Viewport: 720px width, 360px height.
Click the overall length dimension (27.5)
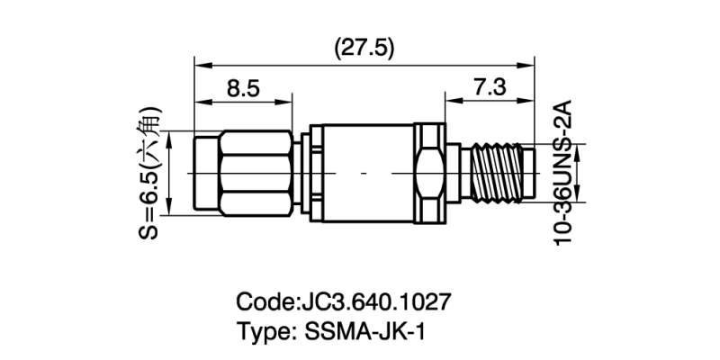[364, 48]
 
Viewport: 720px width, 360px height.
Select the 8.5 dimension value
[242, 88]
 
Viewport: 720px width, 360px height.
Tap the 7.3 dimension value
[488, 88]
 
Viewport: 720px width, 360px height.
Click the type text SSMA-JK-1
[359, 330]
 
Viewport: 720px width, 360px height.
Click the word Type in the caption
[261, 330]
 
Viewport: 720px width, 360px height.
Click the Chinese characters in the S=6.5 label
[150, 126]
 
